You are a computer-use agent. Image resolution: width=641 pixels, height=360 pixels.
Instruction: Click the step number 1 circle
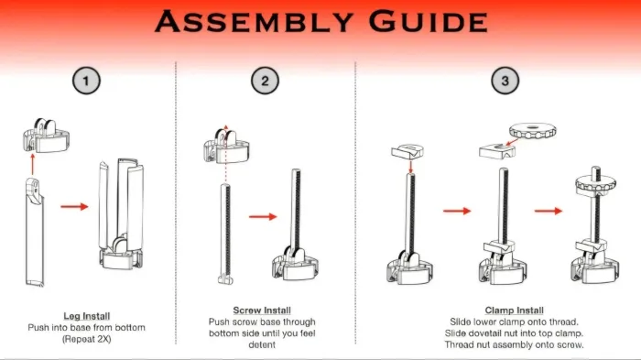click(x=86, y=81)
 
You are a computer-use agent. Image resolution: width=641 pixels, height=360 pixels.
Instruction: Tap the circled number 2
click(x=265, y=81)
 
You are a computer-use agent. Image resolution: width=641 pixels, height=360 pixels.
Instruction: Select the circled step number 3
click(x=505, y=81)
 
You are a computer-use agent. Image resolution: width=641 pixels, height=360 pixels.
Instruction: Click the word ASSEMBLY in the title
click(x=254, y=22)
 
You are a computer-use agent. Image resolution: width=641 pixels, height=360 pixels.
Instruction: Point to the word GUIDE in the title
click(x=428, y=22)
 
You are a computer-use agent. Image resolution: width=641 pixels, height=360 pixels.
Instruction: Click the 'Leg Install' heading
click(x=87, y=316)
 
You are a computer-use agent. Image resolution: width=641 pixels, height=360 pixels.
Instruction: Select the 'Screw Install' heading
click(x=262, y=311)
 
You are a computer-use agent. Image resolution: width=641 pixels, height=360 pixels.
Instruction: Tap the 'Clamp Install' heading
click(x=515, y=311)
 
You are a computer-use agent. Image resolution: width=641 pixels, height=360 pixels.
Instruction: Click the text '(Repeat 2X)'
click(x=87, y=339)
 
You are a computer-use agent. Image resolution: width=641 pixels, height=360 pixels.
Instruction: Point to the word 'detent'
click(x=262, y=344)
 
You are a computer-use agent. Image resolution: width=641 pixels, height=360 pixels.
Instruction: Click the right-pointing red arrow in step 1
click(x=74, y=207)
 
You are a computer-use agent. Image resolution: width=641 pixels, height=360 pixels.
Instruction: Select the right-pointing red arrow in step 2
click(x=263, y=216)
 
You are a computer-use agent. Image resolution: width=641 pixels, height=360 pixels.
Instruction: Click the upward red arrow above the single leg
click(x=32, y=164)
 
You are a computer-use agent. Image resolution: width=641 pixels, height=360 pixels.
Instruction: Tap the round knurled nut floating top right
click(x=533, y=132)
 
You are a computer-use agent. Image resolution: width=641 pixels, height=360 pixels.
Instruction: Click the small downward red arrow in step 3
click(x=411, y=167)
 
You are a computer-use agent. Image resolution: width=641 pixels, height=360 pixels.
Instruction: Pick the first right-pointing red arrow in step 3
click(x=457, y=211)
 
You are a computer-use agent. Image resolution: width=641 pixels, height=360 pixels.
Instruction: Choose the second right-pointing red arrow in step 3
click(x=549, y=211)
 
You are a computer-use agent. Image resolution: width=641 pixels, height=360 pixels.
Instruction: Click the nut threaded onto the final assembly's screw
click(x=595, y=184)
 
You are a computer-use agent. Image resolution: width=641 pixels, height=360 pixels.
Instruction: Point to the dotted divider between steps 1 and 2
click(x=176, y=202)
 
